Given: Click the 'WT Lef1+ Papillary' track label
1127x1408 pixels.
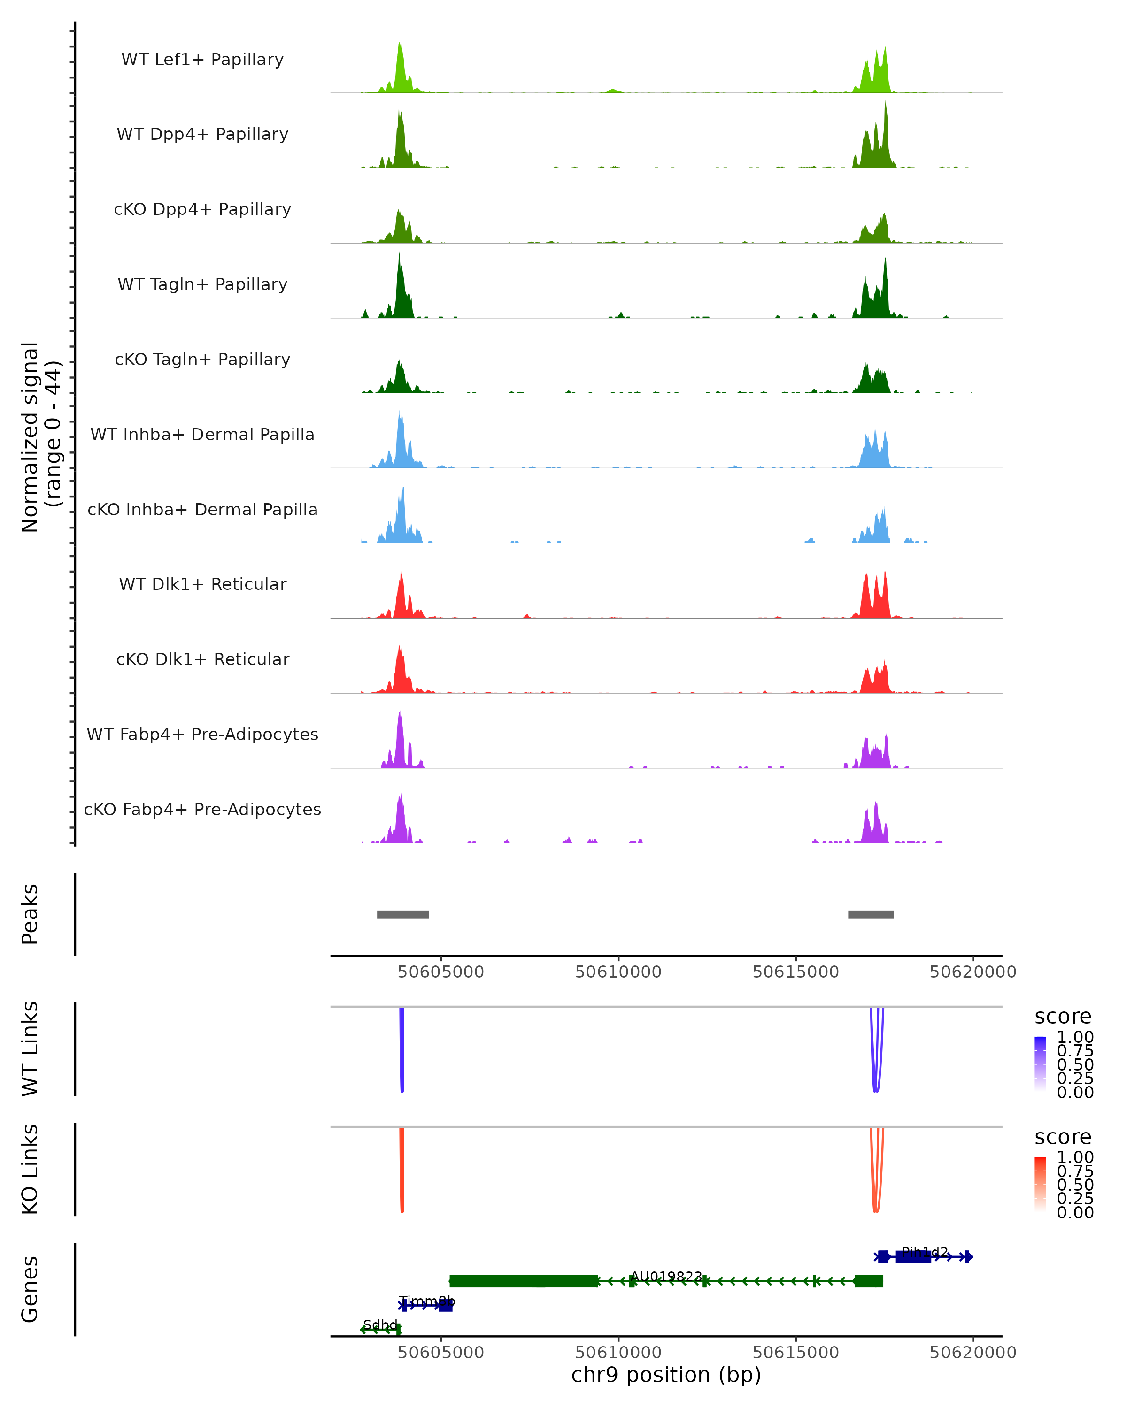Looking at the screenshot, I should [202, 60].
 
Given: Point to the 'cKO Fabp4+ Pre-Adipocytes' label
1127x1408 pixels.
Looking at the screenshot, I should [202, 809].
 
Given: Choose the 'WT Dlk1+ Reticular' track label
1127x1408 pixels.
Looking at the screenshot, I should [202, 584].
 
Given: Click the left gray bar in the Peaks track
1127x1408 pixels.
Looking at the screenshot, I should [402, 914].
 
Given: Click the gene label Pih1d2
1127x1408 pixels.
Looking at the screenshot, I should [925, 1252].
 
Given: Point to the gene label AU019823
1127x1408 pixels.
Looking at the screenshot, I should [666, 1276].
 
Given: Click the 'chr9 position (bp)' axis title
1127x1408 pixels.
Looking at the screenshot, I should [666, 1375].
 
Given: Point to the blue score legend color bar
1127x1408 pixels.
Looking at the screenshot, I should [1040, 1064].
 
